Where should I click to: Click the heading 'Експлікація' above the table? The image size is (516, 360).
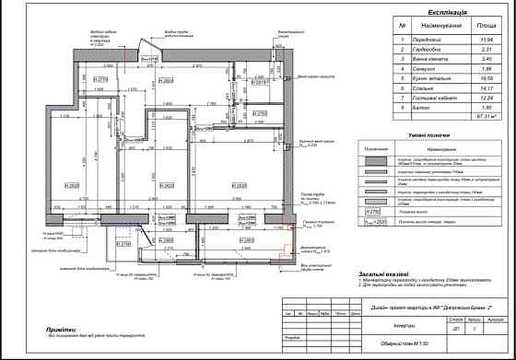tap(436, 12)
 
